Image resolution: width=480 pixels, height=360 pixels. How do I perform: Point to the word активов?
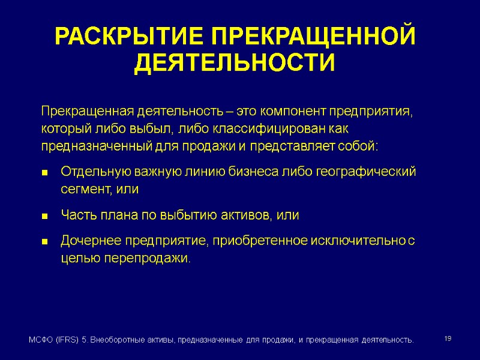(242, 215)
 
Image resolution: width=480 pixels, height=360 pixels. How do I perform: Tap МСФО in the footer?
(41, 340)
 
